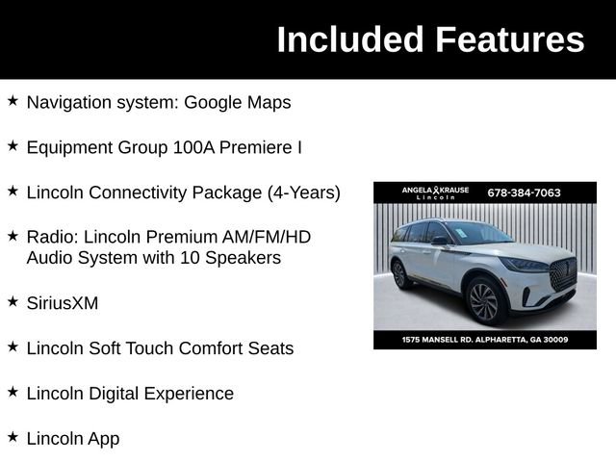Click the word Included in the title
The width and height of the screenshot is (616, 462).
[x=350, y=39]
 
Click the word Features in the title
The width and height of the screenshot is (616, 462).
[x=510, y=39]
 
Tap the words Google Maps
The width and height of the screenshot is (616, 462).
[x=238, y=102]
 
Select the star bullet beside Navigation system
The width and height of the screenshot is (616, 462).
[x=13, y=101]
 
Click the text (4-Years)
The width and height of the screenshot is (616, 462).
[x=304, y=192]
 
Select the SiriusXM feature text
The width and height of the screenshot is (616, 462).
[x=63, y=303]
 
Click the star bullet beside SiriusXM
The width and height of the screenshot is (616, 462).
[x=13, y=302]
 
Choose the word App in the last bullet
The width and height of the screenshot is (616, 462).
[x=101, y=439]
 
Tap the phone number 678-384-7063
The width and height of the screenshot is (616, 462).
[x=524, y=192]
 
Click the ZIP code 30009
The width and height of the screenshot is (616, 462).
[x=553, y=340]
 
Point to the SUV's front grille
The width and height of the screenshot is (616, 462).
[x=562, y=274]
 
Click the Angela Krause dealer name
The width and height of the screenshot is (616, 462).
[x=435, y=191]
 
